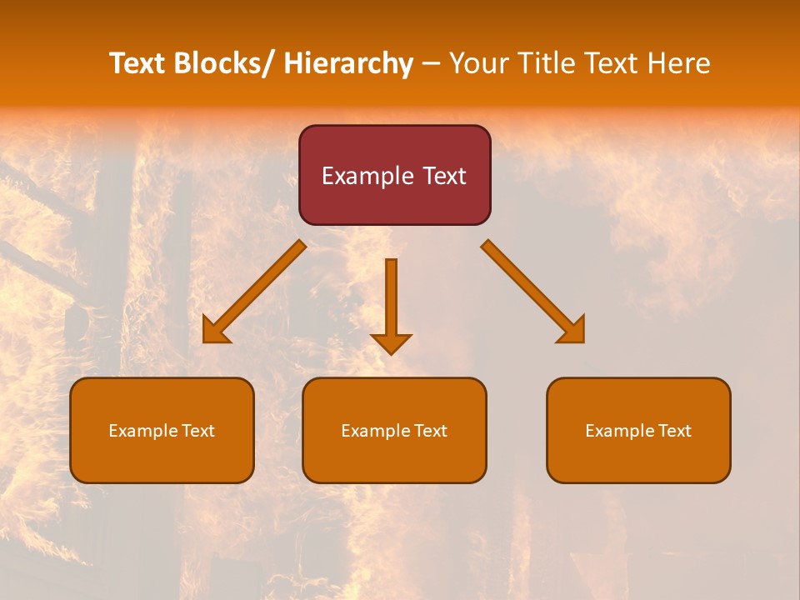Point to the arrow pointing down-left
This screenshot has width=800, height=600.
point(255,291)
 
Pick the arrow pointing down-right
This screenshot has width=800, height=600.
point(532,291)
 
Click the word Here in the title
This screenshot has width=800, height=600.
point(680,63)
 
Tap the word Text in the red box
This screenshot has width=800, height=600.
point(443,176)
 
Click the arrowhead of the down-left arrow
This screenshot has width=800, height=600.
point(214,332)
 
